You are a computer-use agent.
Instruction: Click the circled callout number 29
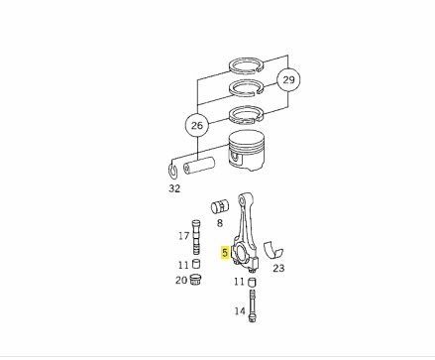click(x=288, y=79)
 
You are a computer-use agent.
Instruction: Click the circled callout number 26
click(x=197, y=125)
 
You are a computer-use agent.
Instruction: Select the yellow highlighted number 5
click(x=225, y=253)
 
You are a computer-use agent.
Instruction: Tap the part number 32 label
click(x=174, y=188)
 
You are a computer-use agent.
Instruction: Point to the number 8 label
click(x=220, y=223)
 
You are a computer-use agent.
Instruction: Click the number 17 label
click(x=184, y=236)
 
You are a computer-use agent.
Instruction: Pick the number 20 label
click(x=181, y=281)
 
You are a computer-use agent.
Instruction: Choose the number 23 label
click(x=278, y=268)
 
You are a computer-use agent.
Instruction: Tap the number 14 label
click(x=240, y=311)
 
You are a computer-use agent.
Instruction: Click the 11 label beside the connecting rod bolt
click(x=239, y=282)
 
